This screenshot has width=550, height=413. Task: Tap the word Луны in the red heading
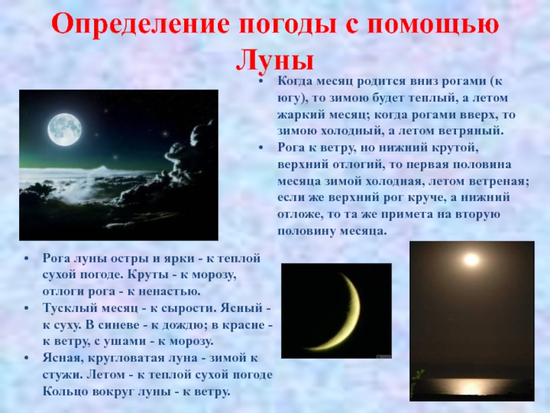274,59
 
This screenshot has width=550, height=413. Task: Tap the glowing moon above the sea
471,260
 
